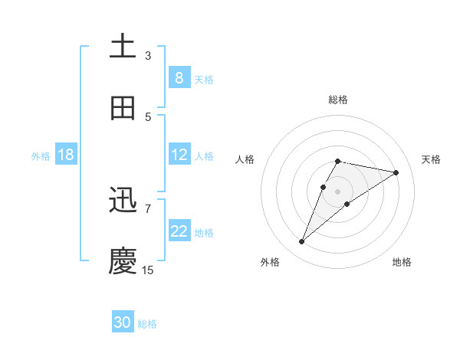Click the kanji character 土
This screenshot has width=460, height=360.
pyautogui.click(x=123, y=46)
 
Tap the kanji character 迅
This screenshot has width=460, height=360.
pyautogui.click(x=123, y=201)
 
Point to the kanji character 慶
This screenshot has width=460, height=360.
pyautogui.click(x=123, y=260)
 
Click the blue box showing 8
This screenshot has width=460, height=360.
pyautogui.click(x=179, y=77)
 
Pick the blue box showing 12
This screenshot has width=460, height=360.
pyautogui.click(x=179, y=155)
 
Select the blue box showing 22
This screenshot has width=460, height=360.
pyautogui.click(x=179, y=231)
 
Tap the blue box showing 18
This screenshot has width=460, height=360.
pyautogui.click(x=66, y=155)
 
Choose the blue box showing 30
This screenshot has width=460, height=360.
pyautogui.click(x=123, y=322)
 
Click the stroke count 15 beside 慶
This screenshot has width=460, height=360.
pyautogui.click(x=148, y=270)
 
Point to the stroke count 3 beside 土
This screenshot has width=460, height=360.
pyautogui.click(x=148, y=55)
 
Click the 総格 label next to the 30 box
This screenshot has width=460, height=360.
pyautogui.click(x=147, y=324)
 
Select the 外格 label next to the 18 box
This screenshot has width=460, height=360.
pyautogui.click(x=41, y=156)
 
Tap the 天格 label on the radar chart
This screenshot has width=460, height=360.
pyautogui.click(x=431, y=159)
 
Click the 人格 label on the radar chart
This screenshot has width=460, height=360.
pyautogui.click(x=245, y=159)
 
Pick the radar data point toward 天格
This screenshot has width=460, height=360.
pyautogui.click(x=396, y=172)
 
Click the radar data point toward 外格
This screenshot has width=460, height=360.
pyautogui.click(x=301, y=242)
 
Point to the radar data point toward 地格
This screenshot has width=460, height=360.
pyautogui.click(x=347, y=203)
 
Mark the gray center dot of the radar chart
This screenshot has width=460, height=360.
pyautogui.click(x=338, y=191)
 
